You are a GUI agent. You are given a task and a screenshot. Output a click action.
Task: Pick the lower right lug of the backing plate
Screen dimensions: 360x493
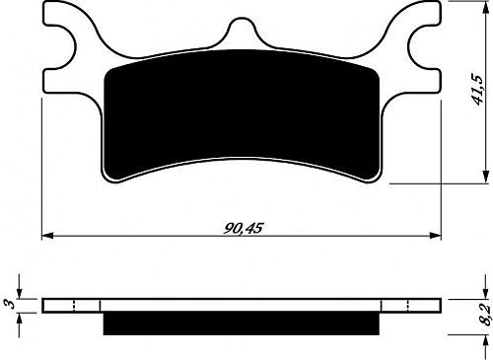(413, 109)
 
